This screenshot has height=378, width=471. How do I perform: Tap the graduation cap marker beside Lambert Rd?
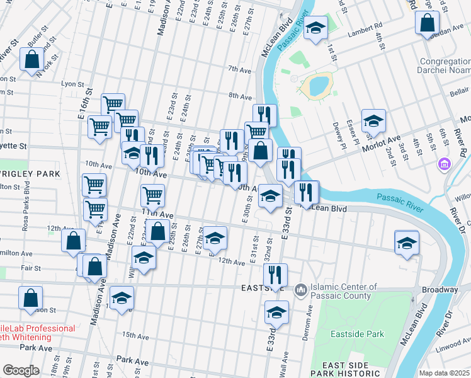pos(316,28)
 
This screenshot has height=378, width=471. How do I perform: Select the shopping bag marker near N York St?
pos(31,61)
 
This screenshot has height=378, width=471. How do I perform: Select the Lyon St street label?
pos(72,84)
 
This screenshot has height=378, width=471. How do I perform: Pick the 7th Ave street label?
pos(239,69)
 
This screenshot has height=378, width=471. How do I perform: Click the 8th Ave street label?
pos(240,97)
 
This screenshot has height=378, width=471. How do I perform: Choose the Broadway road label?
pos(440,290)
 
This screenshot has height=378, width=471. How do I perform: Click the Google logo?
pos(21,370)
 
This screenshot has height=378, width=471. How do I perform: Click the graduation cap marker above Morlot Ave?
pos(373,120)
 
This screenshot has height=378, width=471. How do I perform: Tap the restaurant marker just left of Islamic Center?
pos(275,274)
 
